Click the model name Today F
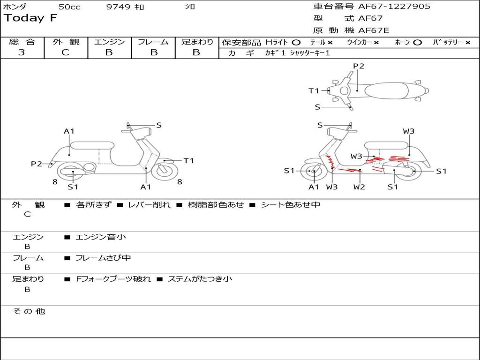click(x=30, y=18)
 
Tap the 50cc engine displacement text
click(x=69, y=7)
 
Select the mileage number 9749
click(x=118, y=7)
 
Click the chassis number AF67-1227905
click(x=394, y=7)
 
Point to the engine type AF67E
click(x=374, y=30)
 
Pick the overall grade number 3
click(x=22, y=52)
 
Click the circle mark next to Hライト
click(x=296, y=43)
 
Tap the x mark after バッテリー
click(x=468, y=43)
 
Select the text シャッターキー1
click(x=310, y=53)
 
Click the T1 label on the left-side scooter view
click(x=188, y=161)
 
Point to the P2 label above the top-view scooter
click(x=359, y=66)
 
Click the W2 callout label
click(x=359, y=187)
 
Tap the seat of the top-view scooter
click(x=387, y=91)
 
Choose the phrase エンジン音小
click(x=101, y=237)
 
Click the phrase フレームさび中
click(x=103, y=258)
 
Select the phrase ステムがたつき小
click(x=200, y=279)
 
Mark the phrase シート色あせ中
click(x=291, y=204)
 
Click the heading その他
click(x=29, y=311)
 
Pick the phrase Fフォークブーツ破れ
click(x=113, y=279)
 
